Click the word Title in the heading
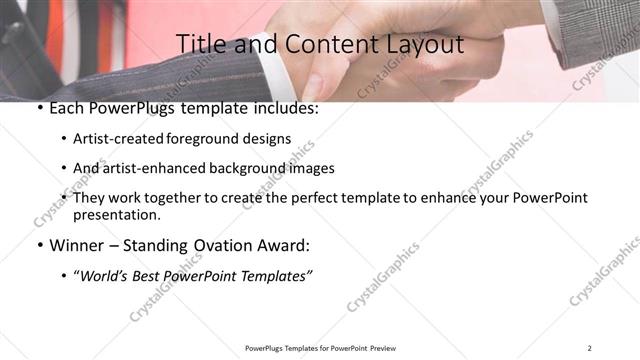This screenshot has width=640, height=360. [201, 44]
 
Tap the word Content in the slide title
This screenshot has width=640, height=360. [320, 44]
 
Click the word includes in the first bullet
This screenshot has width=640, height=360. [287, 108]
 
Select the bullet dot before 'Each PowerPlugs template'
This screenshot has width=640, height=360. [38, 108]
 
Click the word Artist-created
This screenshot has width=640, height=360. [118, 140]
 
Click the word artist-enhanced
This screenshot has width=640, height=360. [142, 168]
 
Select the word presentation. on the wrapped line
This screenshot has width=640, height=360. [116, 215]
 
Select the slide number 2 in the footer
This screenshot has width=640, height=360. [590, 348]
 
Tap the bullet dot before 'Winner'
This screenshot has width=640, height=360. [38, 245]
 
